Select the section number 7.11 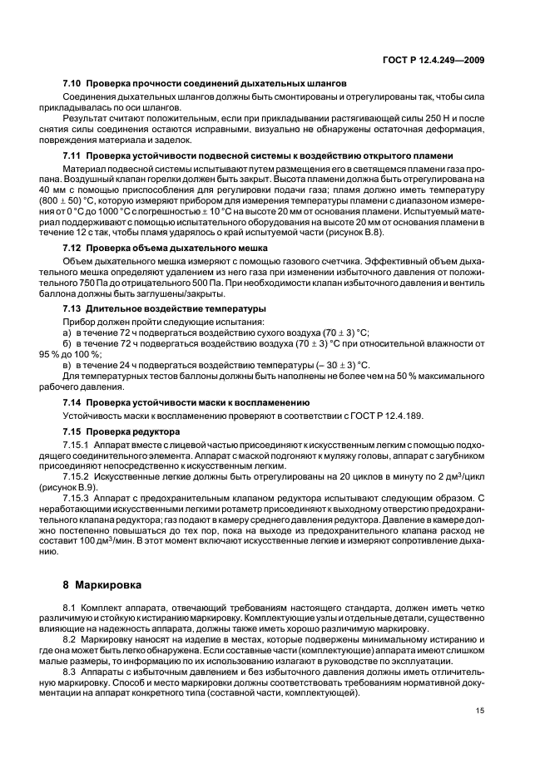click(x=72, y=156)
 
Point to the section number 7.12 click(x=72, y=248)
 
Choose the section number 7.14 click(x=72, y=401)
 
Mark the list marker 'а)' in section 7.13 click(x=67, y=331)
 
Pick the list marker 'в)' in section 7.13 click(x=67, y=365)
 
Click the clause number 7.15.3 click(x=77, y=499)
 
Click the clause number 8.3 click(x=71, y=671)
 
